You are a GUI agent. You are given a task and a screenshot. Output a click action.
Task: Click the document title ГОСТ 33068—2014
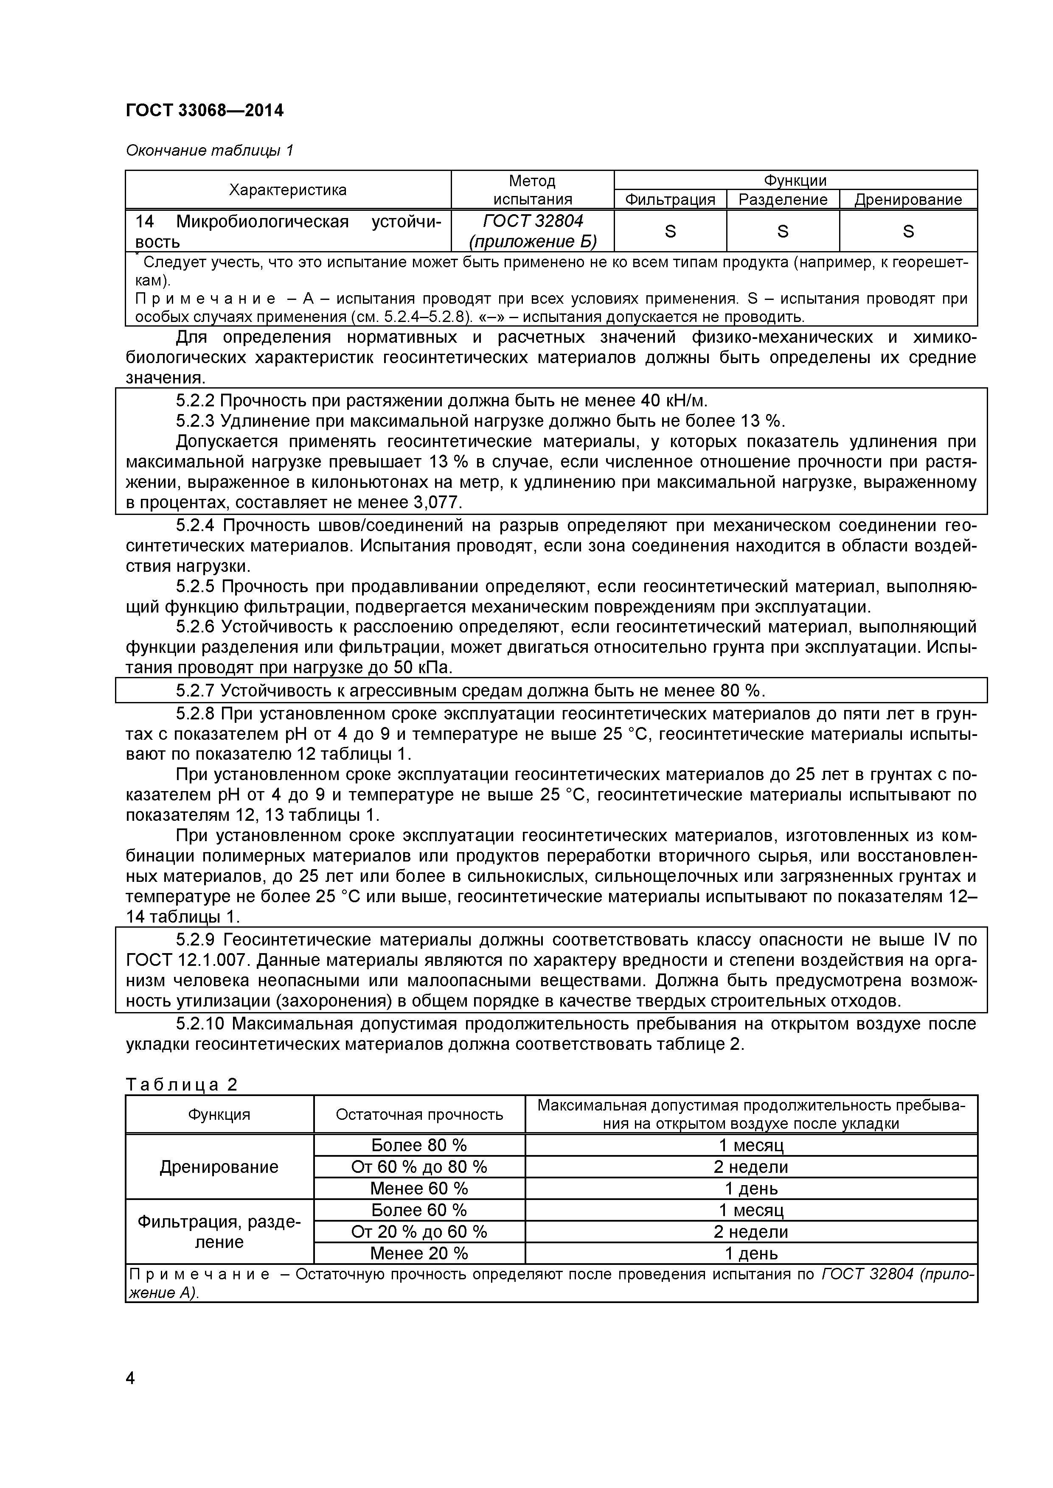click(204, 111)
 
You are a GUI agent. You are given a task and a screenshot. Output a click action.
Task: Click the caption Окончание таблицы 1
click(209, 151)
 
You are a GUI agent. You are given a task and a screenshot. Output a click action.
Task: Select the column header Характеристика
click(288, 190)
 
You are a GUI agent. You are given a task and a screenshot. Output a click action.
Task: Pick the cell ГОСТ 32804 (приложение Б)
click(532, 231)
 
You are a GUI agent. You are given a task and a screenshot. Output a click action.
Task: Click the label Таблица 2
click(182, 1085)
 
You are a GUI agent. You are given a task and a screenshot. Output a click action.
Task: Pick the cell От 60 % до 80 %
click(419, 1167)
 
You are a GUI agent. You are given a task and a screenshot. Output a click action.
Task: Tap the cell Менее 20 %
click(419, 1253)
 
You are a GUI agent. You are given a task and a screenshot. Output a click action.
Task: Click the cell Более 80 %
click(419, 1145)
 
